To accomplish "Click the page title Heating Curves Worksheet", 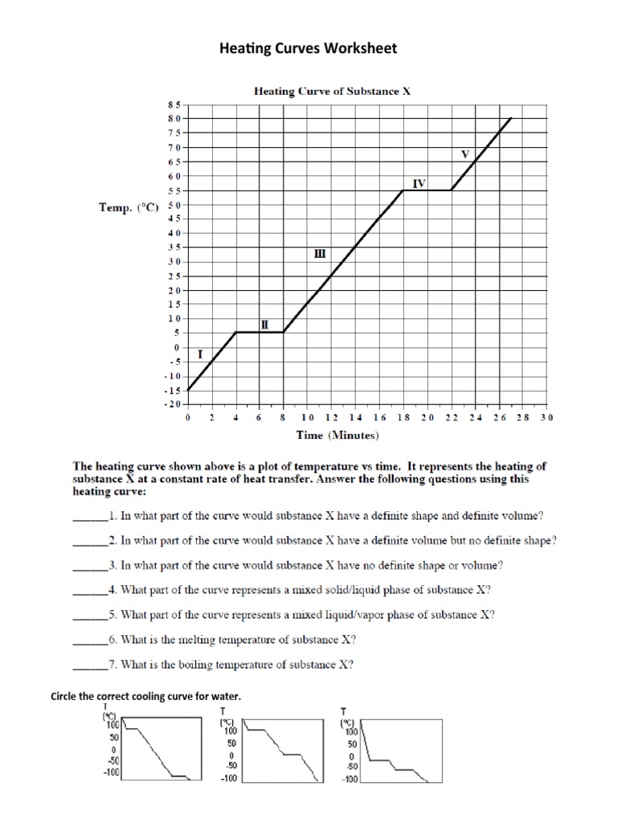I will [308, 49].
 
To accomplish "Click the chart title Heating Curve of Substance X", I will [333, 91].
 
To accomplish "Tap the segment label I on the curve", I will [200, 354].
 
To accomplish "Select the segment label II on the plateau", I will [264, 325].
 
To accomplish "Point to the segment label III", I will [319, 253].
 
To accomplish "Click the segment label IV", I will [419, 183].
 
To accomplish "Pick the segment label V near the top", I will [464, 153].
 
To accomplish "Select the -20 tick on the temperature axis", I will [173, 404].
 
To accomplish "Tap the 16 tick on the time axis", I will [379, 418].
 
